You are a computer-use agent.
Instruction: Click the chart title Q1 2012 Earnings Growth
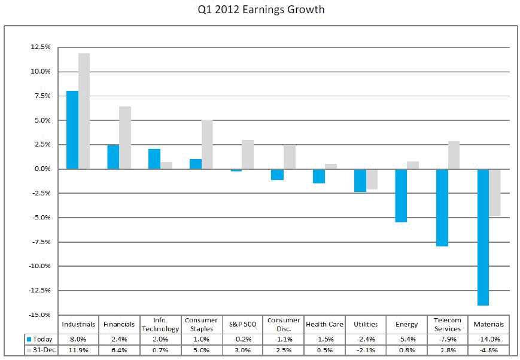260,10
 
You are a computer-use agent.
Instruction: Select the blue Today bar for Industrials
72,130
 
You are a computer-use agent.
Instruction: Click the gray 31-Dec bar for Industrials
84,111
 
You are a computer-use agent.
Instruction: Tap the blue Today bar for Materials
483,237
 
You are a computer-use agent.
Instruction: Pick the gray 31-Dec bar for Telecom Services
454,155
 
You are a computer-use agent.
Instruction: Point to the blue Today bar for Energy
401,196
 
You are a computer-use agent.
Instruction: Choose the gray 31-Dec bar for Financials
125,138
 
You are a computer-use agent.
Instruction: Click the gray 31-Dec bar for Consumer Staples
207,144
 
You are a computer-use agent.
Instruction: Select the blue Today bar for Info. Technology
154,159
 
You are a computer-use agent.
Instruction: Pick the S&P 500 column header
242,324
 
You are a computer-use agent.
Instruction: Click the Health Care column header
324,324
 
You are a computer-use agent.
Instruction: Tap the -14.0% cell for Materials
488,339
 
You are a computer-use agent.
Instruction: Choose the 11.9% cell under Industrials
78,350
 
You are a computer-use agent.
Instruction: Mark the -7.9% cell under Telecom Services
448,339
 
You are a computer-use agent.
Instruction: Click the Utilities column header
366,324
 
